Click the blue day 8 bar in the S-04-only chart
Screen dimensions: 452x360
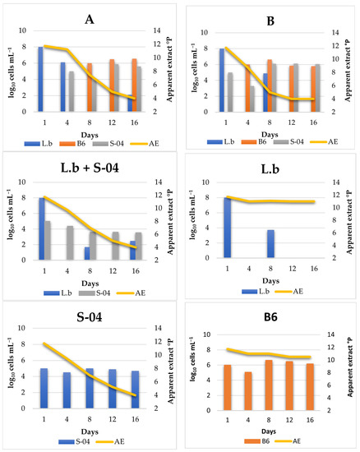(x=90, y=383)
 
